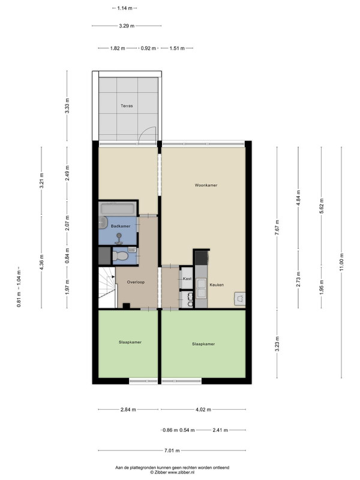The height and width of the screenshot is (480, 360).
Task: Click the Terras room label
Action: [x=127, y=106]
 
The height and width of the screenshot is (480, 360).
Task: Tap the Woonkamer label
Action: [x=206, y=185]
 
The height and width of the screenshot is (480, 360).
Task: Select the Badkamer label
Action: [x=121, y=226]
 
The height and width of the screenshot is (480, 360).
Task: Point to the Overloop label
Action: [x=136, y=282]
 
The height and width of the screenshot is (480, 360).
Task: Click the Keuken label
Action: [x=217, y=284]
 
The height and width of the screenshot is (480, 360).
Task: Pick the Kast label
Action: [x=187, y=278]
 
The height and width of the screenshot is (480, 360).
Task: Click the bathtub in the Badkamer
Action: [x=118, y=208]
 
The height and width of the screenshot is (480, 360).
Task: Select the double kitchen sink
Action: [x=201, y=289]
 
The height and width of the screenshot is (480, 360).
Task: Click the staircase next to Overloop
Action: [x=107, y=287]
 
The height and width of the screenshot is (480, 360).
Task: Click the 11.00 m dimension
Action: [x=341, y=262]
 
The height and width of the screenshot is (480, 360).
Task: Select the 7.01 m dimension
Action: [x=172, y=451]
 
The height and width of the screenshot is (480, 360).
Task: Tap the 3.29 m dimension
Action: [x=127, y=26]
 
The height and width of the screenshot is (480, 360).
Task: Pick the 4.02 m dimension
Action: [x=203, y=409]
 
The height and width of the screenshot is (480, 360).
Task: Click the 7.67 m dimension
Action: [x=277, y=228]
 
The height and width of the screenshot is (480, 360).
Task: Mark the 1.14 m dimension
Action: [x=125, y=8]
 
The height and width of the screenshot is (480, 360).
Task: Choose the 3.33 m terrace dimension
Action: [x=67, y=106]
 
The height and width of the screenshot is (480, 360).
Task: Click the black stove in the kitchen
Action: [x=202, y=258]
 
